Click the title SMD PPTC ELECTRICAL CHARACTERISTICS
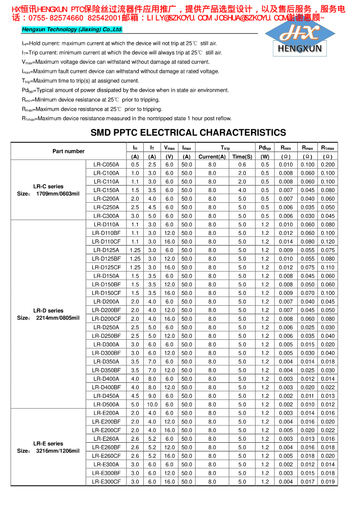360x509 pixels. (188, 133)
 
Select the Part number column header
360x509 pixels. (68, 151)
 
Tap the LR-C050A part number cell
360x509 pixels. (106, 165)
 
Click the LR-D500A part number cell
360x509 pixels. (106, 405)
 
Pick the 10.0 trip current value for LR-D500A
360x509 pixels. (152, 405)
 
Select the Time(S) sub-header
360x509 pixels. (242, 156)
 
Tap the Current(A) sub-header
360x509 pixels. (212, 156)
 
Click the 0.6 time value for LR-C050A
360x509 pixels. (242, 165)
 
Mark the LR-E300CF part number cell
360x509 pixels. (106, 481)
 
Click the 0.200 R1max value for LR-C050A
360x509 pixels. (328, 165)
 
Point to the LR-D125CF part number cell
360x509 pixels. (106, 267)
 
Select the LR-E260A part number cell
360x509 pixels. (106, 439)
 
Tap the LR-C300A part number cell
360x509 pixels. (106, 216)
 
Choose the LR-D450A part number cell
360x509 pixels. (106, 396)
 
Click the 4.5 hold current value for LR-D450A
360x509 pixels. (135, 396)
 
